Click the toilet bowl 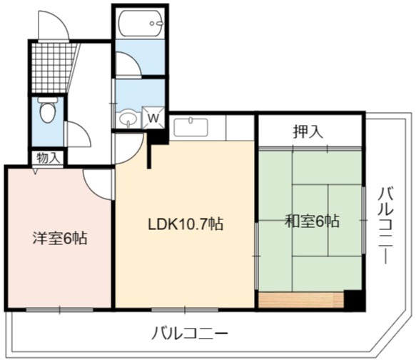coord(48,110)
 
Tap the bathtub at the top coord(141,23)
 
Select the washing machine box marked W coord(153,118)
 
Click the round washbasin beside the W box coord(128,120)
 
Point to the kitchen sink coord(191,127)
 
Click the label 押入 coord(308,131)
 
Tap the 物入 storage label coord(48,158)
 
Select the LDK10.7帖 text coord(186,224)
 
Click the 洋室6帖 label coord(60,238)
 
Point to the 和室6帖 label coord(312,221)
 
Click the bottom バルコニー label coord(189,333)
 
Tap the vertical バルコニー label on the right coord(385,226)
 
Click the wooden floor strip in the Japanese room coord(301,300)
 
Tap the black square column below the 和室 coord(354,300)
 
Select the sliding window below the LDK coord(185,309)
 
